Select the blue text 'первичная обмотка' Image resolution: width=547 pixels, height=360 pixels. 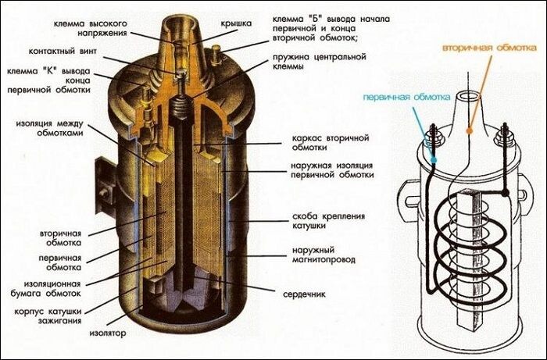pos(406,98)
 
